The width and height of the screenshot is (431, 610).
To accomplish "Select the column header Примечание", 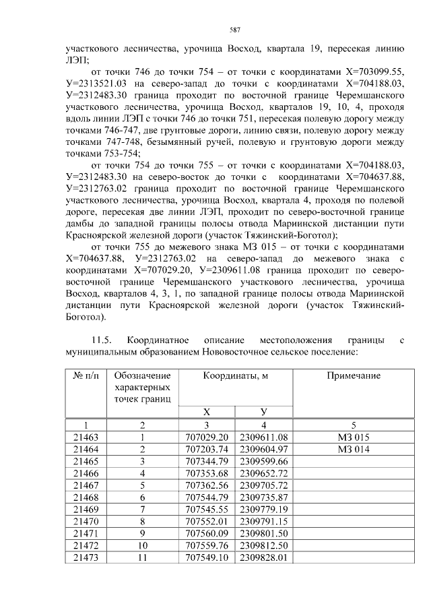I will pyautogui.click(x=354, y=375).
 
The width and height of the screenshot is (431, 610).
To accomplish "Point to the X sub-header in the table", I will pyautogui.click(x=206, y=411).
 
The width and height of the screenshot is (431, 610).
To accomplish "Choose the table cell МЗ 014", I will pyautogui.click(x=354, y=449).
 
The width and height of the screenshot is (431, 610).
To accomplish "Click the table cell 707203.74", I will pyautogui.click(x=206, y=449).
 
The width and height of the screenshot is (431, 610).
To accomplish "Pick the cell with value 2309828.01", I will pyautogui.click(x=263, y=557).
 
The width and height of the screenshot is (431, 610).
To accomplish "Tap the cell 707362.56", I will pyautogui.click(x=206, y=485).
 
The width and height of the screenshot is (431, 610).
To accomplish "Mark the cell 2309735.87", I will pyautogui.click(x=263, y=497).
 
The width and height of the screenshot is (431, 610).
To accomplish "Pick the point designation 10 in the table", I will pyautogui.click(x=142, y=545).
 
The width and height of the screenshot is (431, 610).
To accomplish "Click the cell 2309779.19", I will pyautogui.click(x=263, y=509).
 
